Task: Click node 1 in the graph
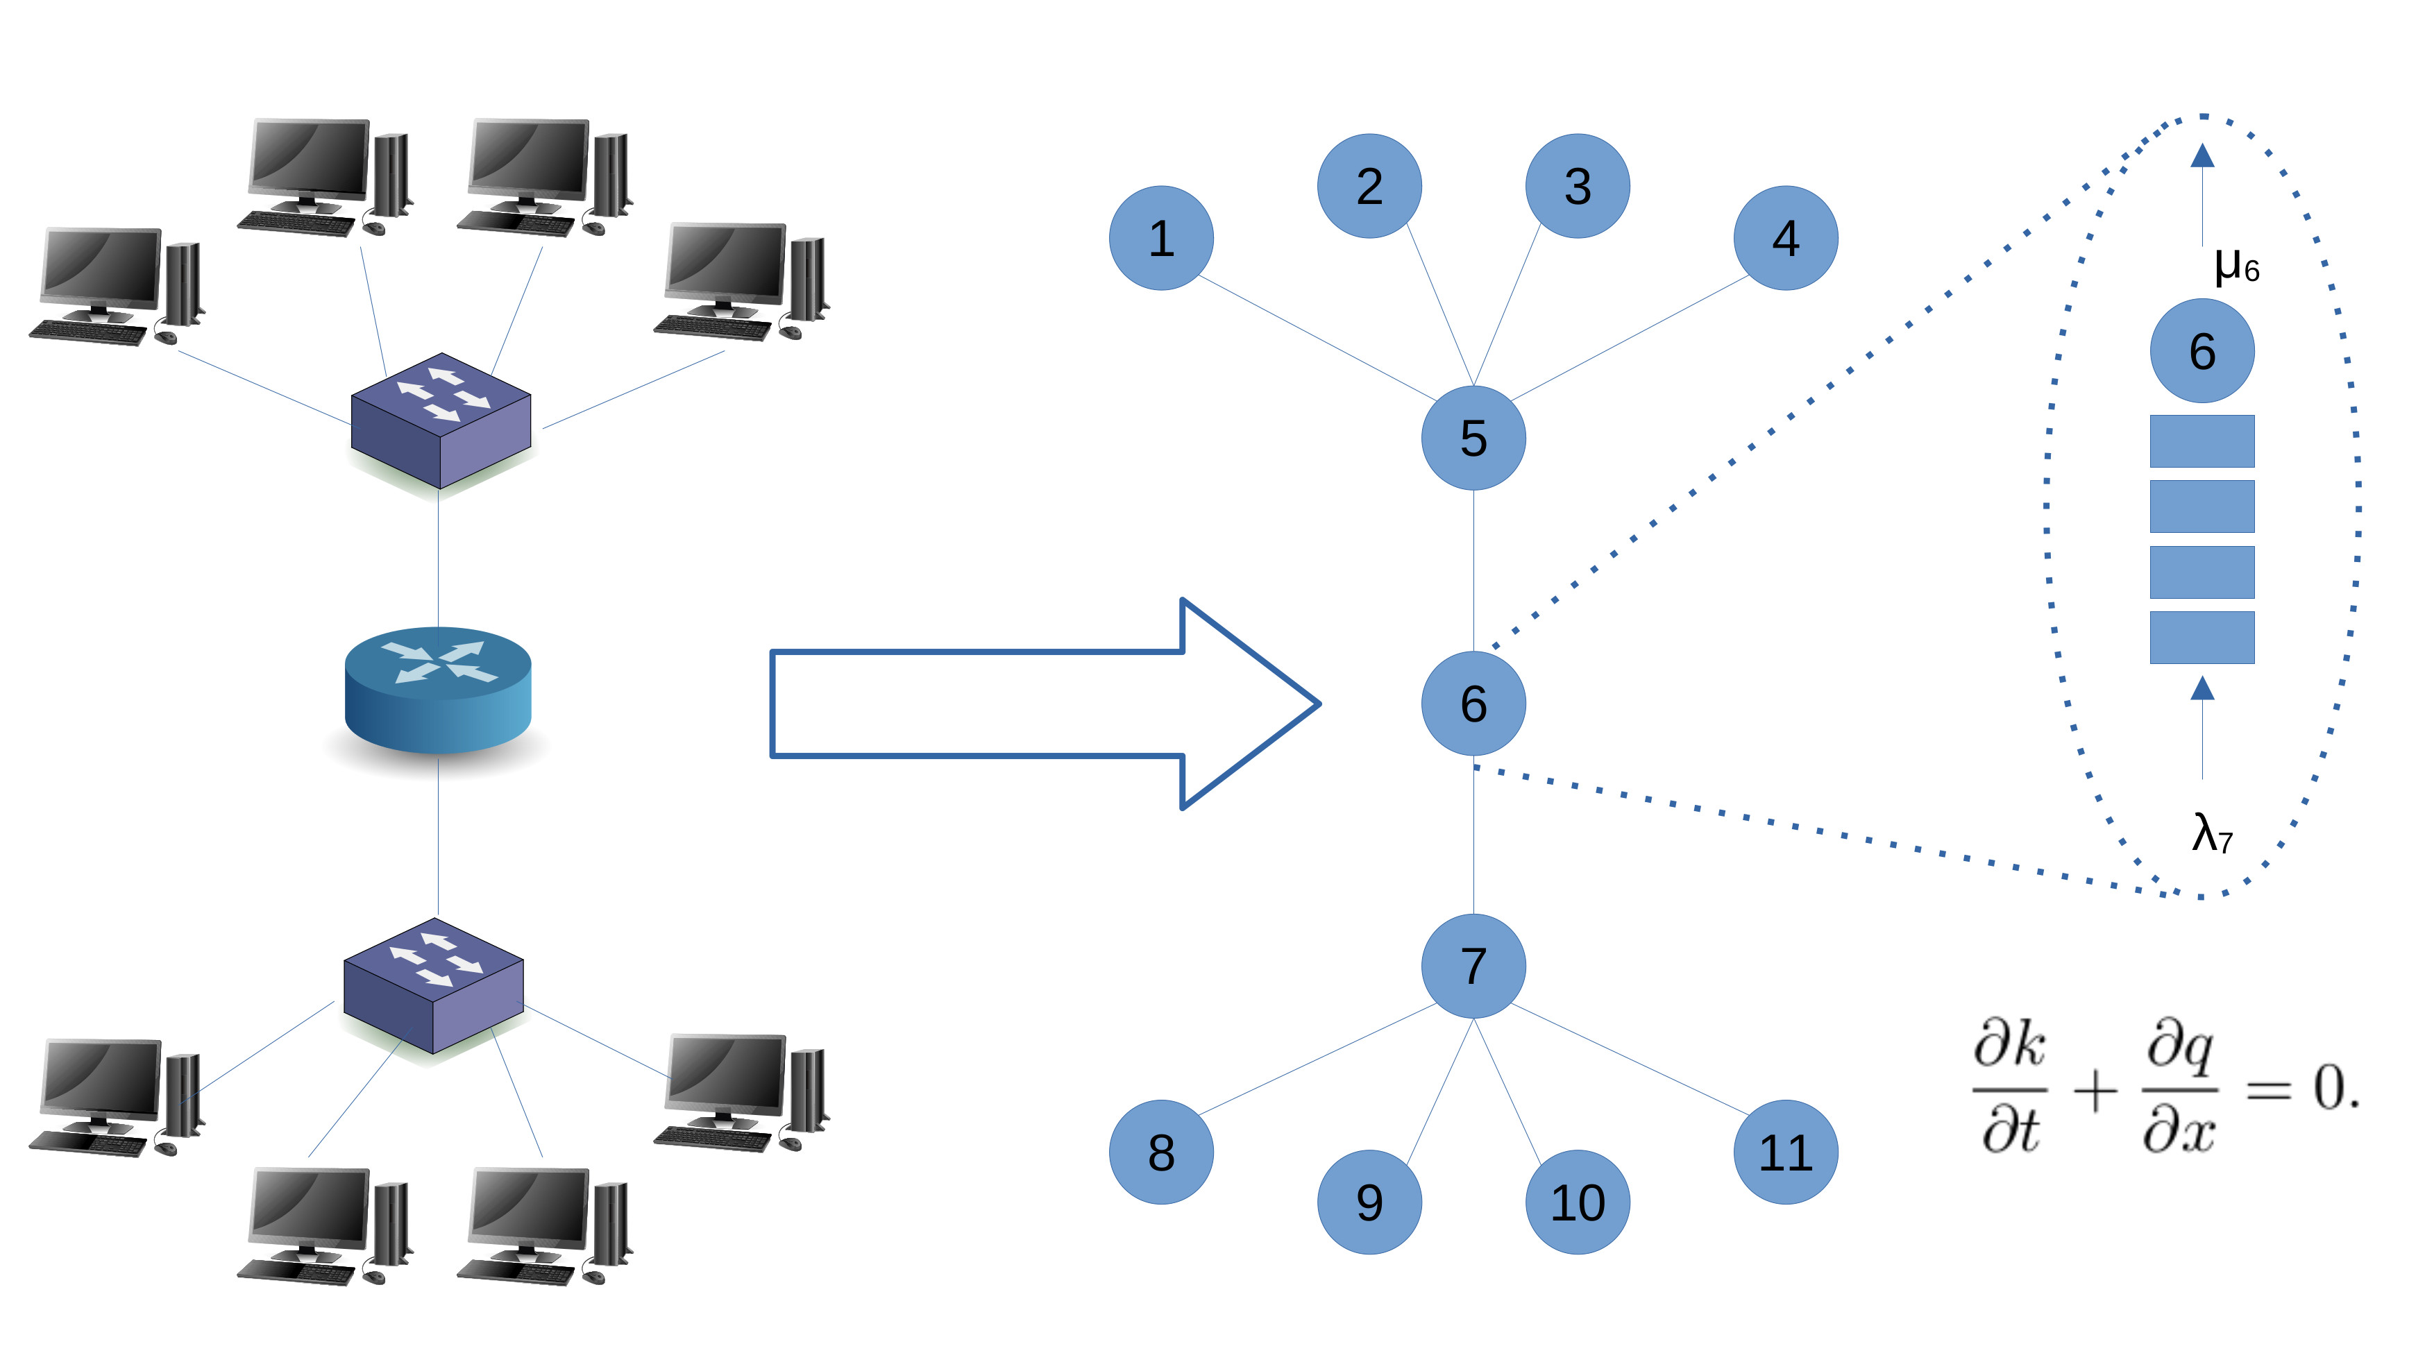pos(1161,238)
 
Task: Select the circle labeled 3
pos(1577,186)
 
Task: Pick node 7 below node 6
pos(1473,966)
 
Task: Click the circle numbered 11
pos(1785,1152)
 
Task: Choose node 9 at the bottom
pos(1369,1202)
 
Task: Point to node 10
pos(1577,1202)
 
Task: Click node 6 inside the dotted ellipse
pos(2201,352)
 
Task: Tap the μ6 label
pos(2236,266)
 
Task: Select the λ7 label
pos(2211,833)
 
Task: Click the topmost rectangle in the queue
pos(2201,441)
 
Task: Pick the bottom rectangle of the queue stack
pos(2201,638)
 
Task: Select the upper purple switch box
pos(440,420)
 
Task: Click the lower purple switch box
pos(433,985)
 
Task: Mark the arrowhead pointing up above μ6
pos(2202,156)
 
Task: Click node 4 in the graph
pos(1785,238)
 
